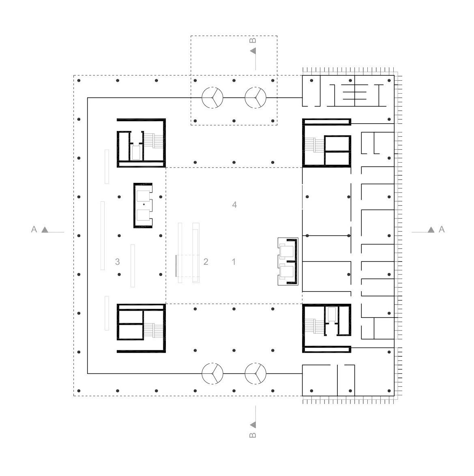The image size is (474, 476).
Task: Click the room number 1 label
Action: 234,262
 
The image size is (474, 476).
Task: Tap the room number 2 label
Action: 206,262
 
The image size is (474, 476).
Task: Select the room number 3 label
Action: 118,262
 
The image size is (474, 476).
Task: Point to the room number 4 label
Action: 234,205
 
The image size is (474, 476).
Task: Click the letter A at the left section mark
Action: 34,229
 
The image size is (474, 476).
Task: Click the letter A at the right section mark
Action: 442,229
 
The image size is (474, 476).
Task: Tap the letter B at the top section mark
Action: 253,41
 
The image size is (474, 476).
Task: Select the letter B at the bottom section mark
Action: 253,435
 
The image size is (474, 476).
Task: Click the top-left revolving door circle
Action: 212,88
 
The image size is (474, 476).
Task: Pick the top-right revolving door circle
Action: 255,88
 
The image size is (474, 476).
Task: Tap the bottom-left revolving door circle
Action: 212,363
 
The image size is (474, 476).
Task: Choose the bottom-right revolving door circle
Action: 255,363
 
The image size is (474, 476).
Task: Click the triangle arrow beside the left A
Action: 45,230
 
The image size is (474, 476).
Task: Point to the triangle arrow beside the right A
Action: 431,230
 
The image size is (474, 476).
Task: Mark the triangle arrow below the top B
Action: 253,51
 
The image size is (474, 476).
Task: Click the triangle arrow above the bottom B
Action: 253,425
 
